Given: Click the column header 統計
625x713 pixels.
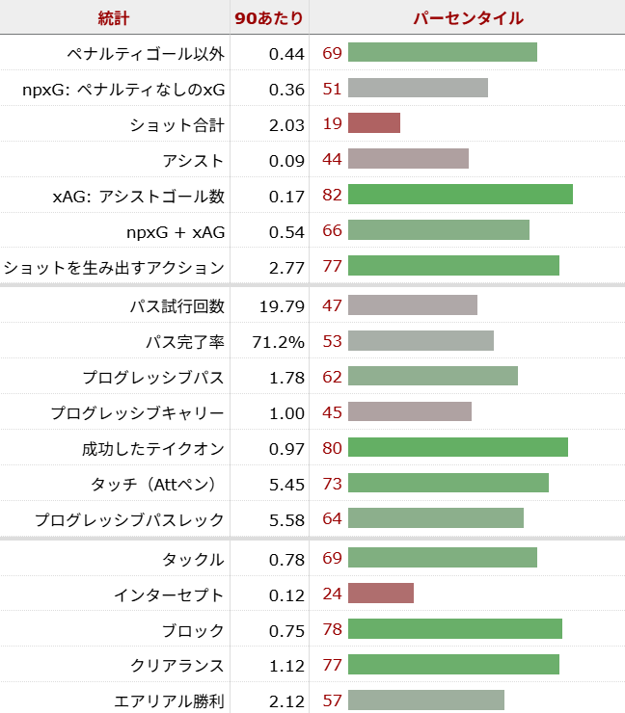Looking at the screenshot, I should click(114, 17).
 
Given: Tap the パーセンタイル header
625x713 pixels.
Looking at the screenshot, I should click(468, 17).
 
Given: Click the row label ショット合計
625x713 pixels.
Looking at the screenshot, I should click(177, 124).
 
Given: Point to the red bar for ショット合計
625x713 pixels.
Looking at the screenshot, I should click(374, 123).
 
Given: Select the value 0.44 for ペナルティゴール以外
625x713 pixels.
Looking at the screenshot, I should click(286, 53).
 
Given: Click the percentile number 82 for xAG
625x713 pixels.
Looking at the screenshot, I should click(333, 196).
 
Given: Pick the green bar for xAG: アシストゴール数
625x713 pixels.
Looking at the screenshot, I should click(460, 195).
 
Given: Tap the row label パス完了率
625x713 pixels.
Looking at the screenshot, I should click(184, 342).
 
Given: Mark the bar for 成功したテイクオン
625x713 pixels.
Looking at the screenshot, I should click(457, 447).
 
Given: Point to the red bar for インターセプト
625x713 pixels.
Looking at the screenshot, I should click(381, 594).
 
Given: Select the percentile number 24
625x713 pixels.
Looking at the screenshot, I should click(333, 594).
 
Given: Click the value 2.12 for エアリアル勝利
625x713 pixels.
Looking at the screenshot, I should click(286, 701).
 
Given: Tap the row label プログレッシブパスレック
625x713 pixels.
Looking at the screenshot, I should click(129, 520).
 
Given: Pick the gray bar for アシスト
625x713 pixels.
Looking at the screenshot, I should click(408, 159).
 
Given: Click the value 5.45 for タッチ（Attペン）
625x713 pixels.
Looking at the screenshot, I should click(286, 484).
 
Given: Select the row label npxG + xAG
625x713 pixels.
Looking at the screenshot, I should click(176, 231).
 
